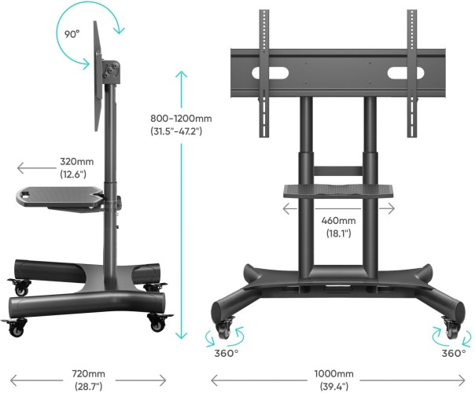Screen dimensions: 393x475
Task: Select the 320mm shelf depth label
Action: point(73,167)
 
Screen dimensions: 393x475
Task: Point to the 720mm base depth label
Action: point(87,379)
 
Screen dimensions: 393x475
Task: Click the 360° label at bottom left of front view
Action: point(228,354)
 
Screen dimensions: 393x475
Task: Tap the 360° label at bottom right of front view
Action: point(453,354)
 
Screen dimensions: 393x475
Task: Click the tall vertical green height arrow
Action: point(182,204)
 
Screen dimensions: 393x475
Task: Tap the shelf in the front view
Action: point(332,189)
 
